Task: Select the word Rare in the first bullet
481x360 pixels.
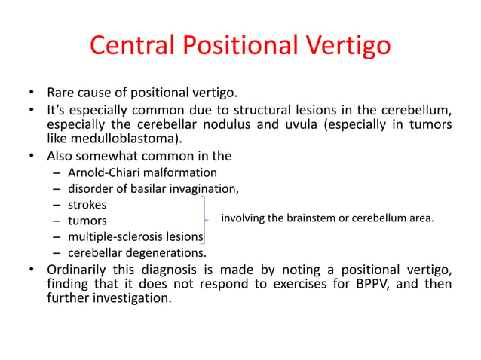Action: pyautogui.click(x=62, y=94)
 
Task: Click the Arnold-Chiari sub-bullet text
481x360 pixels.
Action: pyautogui.click(x=142, y=172)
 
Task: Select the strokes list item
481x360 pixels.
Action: pyautogui.click(x=87, y=205)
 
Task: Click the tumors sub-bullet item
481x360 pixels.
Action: pyautogui.click(x=87, y=221)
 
